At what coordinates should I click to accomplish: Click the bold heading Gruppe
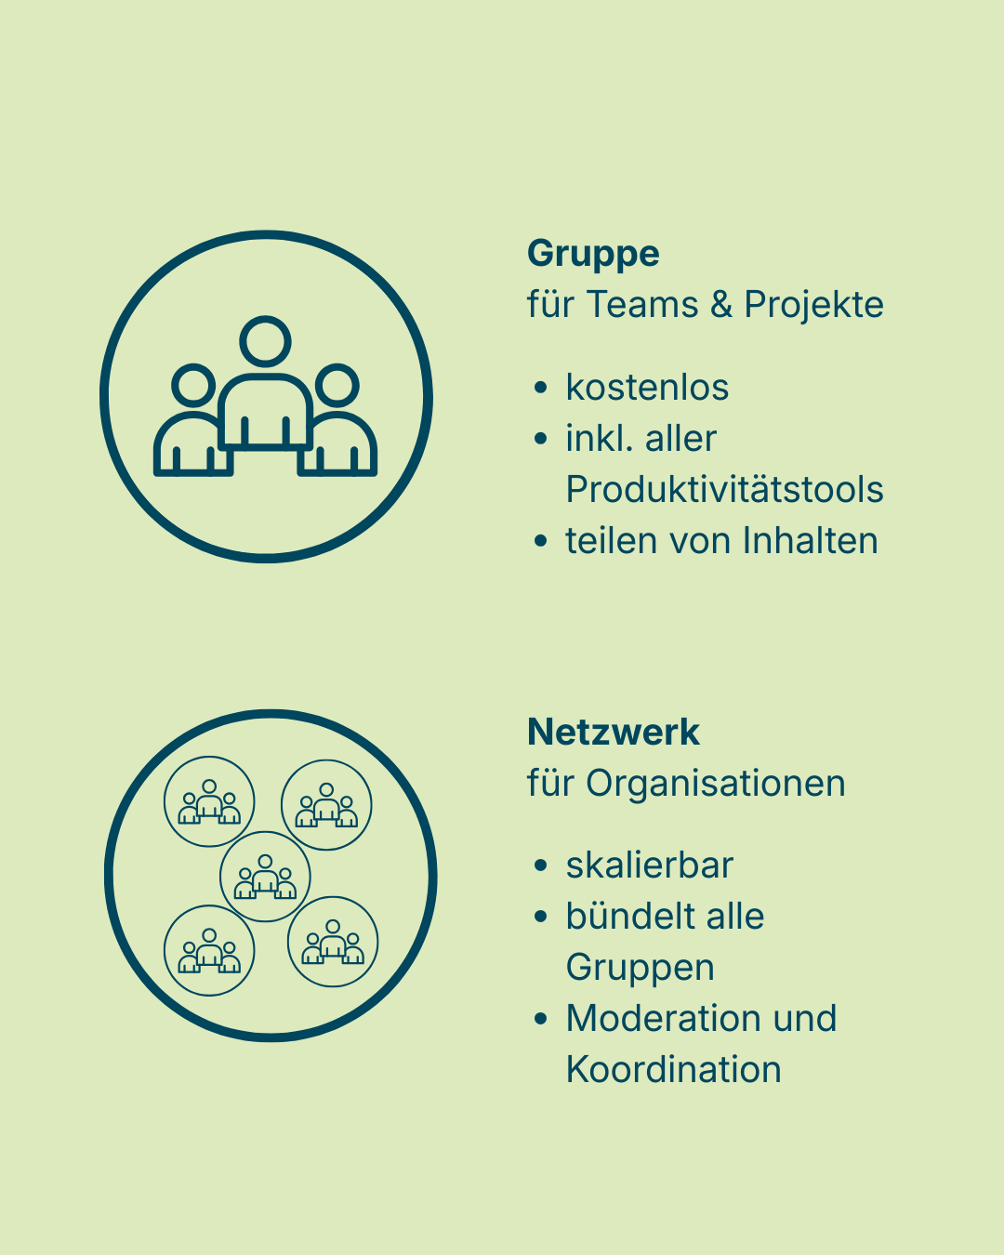[x=593, y=254]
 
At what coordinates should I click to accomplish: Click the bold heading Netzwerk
[x=613, y=733]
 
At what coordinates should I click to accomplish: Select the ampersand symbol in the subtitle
[x=721, y=305]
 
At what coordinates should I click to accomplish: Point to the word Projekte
[x=813, y=305]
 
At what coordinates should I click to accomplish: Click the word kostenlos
[x=647, y=388]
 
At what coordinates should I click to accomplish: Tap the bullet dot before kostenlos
[x=541, y=388]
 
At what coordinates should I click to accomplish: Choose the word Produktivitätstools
[x=724, y=490]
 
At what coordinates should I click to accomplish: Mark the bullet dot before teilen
[x=541, y=541]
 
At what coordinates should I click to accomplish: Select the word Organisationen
[x=715, y=784]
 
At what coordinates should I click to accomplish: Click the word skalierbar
[x=649, y=865]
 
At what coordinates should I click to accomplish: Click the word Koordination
[x=673, y=1070]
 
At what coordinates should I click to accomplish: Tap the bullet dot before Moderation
[x=541, y=1019]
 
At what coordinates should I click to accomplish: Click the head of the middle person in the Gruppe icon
[x=266, y=341]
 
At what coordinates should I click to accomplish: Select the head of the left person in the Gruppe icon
[x=194, y=384]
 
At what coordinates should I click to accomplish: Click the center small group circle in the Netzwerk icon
[x=265, y=877]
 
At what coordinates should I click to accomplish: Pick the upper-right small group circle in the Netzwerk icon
[x=326, y=805]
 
